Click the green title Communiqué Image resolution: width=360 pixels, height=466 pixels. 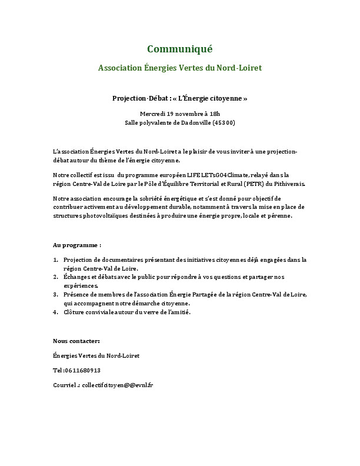[179, 48]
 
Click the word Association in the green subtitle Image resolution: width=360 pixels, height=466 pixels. [120, 68]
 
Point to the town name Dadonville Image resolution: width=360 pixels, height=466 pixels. [192, 122]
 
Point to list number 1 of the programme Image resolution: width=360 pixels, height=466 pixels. [55, 259]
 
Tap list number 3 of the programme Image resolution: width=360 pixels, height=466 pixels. [55, 294]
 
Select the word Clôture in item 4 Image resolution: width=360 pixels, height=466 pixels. [75, 312]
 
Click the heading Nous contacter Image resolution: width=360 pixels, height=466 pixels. [76, 341]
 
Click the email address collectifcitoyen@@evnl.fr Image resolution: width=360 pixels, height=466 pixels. [118, 384]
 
